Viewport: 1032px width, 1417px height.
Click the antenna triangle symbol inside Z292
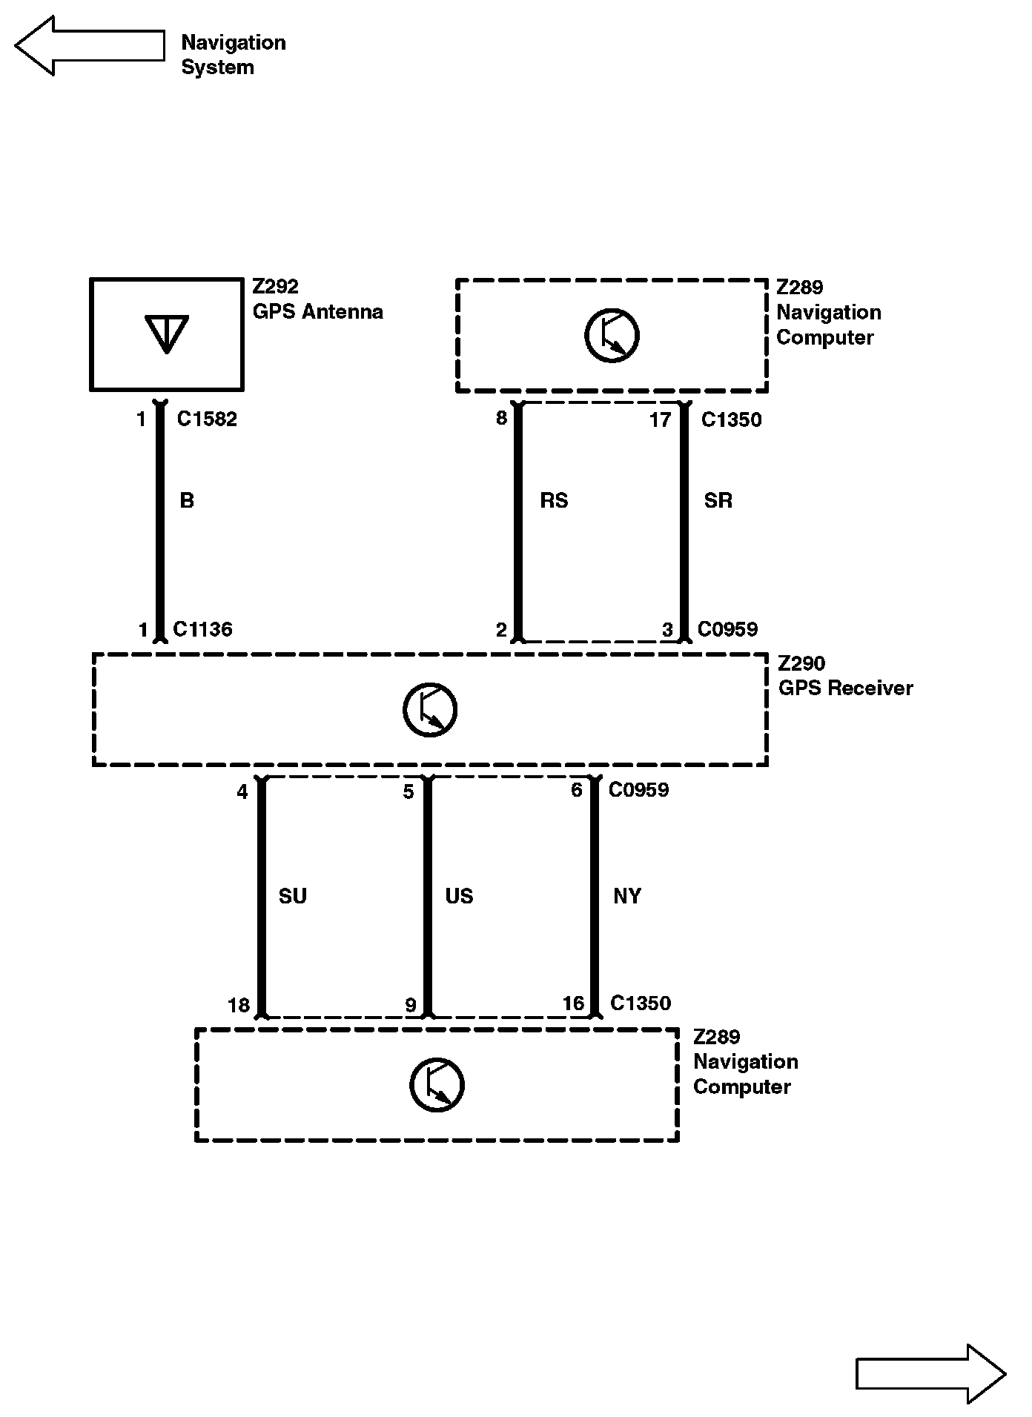[167, 333]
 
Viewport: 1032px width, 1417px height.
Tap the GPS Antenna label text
[318, 312]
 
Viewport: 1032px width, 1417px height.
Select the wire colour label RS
[554, 501]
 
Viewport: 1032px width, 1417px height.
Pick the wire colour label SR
[718, 501]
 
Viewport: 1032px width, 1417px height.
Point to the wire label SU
[292, 897]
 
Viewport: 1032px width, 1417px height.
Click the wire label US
[459, 897]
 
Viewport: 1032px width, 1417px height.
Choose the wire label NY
[627, 897]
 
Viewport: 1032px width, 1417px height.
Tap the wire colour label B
[187, 501]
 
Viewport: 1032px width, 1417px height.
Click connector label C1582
[207, 419]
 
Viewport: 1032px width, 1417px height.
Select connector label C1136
[202, 630]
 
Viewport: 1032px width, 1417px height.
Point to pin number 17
[660, 420]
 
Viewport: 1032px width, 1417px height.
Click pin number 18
[239, 1006]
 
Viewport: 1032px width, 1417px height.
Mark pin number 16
[573, 1004]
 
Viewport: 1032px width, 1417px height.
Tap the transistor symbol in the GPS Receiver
[430, 710]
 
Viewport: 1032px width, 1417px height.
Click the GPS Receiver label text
[845, 688]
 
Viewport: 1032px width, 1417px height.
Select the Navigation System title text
[233, 55]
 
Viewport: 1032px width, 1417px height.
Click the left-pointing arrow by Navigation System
[89, 46]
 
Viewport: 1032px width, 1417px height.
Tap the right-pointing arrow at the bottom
[930, 1374]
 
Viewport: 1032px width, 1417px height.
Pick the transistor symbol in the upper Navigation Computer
[612, 336]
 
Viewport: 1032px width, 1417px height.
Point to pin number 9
[410, 1006]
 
